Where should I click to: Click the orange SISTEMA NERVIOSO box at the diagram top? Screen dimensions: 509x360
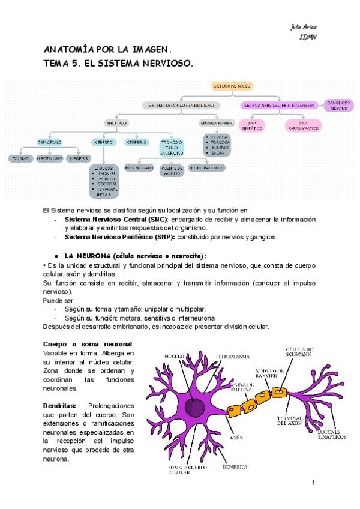point(233,86)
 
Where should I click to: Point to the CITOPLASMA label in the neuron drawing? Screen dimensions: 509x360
point(235,357)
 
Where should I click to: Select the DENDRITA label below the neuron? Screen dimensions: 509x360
point(234,466)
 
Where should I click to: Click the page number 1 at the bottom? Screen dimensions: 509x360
point(313,482)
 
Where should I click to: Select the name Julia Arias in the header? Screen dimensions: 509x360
point(304,28)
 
